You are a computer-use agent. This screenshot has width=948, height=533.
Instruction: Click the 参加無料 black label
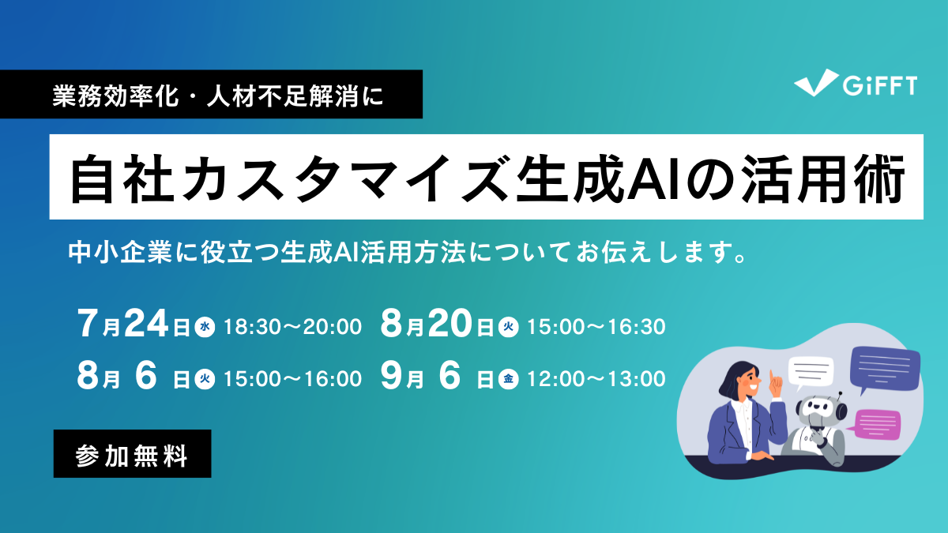click(x=132, y=454)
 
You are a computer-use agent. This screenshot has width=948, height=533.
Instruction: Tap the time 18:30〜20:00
click(x=292, y=326)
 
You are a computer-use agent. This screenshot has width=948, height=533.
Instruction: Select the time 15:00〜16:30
click(x=596, y=326)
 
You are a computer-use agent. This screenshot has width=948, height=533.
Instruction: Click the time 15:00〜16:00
click(x=292, y=379)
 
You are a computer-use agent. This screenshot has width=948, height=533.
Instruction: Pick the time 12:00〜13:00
click(x=596, y=379)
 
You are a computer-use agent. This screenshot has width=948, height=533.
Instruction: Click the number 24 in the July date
click(x=148, y=324)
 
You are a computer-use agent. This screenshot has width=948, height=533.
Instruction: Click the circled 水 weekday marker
click(x=205, y=326)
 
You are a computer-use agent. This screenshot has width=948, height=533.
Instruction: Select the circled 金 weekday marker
click(x=508, y=380)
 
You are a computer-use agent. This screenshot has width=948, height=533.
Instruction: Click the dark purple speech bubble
click(x=884, y=368)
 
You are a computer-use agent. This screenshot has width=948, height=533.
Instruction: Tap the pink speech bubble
click(x=877, y=422)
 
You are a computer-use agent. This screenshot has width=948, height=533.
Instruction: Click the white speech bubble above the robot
click(x=811, y=372)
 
